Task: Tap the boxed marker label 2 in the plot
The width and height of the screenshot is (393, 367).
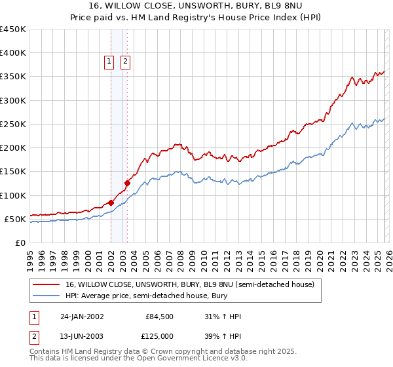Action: click(x=124, y=62)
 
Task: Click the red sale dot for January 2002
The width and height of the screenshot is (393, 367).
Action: click(x=111, y=203)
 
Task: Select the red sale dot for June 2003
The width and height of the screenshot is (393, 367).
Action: click(x=126, y=183)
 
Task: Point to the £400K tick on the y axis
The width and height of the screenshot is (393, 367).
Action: click(x=13, y=53)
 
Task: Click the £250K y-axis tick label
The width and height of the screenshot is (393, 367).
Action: click(x=13, y=124)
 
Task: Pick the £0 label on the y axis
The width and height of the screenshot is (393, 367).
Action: click(x=20, y=242)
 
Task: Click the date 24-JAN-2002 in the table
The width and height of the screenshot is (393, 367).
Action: click(x=82, y=317)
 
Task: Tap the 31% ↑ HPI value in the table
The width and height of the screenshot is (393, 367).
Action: click(x=223, y=317)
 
